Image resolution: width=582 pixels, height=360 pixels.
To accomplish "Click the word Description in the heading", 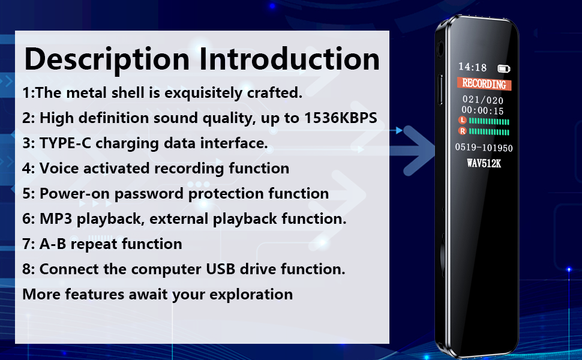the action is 107,59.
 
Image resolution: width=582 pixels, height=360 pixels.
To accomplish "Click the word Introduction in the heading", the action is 290,59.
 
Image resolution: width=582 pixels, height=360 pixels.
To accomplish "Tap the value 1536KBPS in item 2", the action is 341,118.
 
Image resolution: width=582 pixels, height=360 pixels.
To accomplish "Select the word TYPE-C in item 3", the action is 65,143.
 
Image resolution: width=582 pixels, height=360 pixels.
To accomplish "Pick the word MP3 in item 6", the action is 56,218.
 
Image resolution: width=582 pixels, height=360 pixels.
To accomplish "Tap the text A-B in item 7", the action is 53,244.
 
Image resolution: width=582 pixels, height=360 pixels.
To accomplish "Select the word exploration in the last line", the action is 251,295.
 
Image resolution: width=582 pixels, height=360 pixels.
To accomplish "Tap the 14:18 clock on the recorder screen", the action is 472,67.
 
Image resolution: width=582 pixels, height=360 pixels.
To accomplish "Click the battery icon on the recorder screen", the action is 503,68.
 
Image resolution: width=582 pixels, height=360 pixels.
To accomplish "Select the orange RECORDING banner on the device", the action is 484,84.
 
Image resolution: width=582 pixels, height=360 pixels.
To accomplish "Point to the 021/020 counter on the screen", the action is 482,100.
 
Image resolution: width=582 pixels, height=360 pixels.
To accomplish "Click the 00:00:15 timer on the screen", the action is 482,110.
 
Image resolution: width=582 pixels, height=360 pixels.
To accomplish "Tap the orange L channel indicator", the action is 463,120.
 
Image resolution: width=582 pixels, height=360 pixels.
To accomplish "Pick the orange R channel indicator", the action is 463,131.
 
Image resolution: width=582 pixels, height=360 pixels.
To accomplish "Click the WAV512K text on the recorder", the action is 484,163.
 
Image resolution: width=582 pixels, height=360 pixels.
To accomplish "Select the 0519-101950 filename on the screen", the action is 484,148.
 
